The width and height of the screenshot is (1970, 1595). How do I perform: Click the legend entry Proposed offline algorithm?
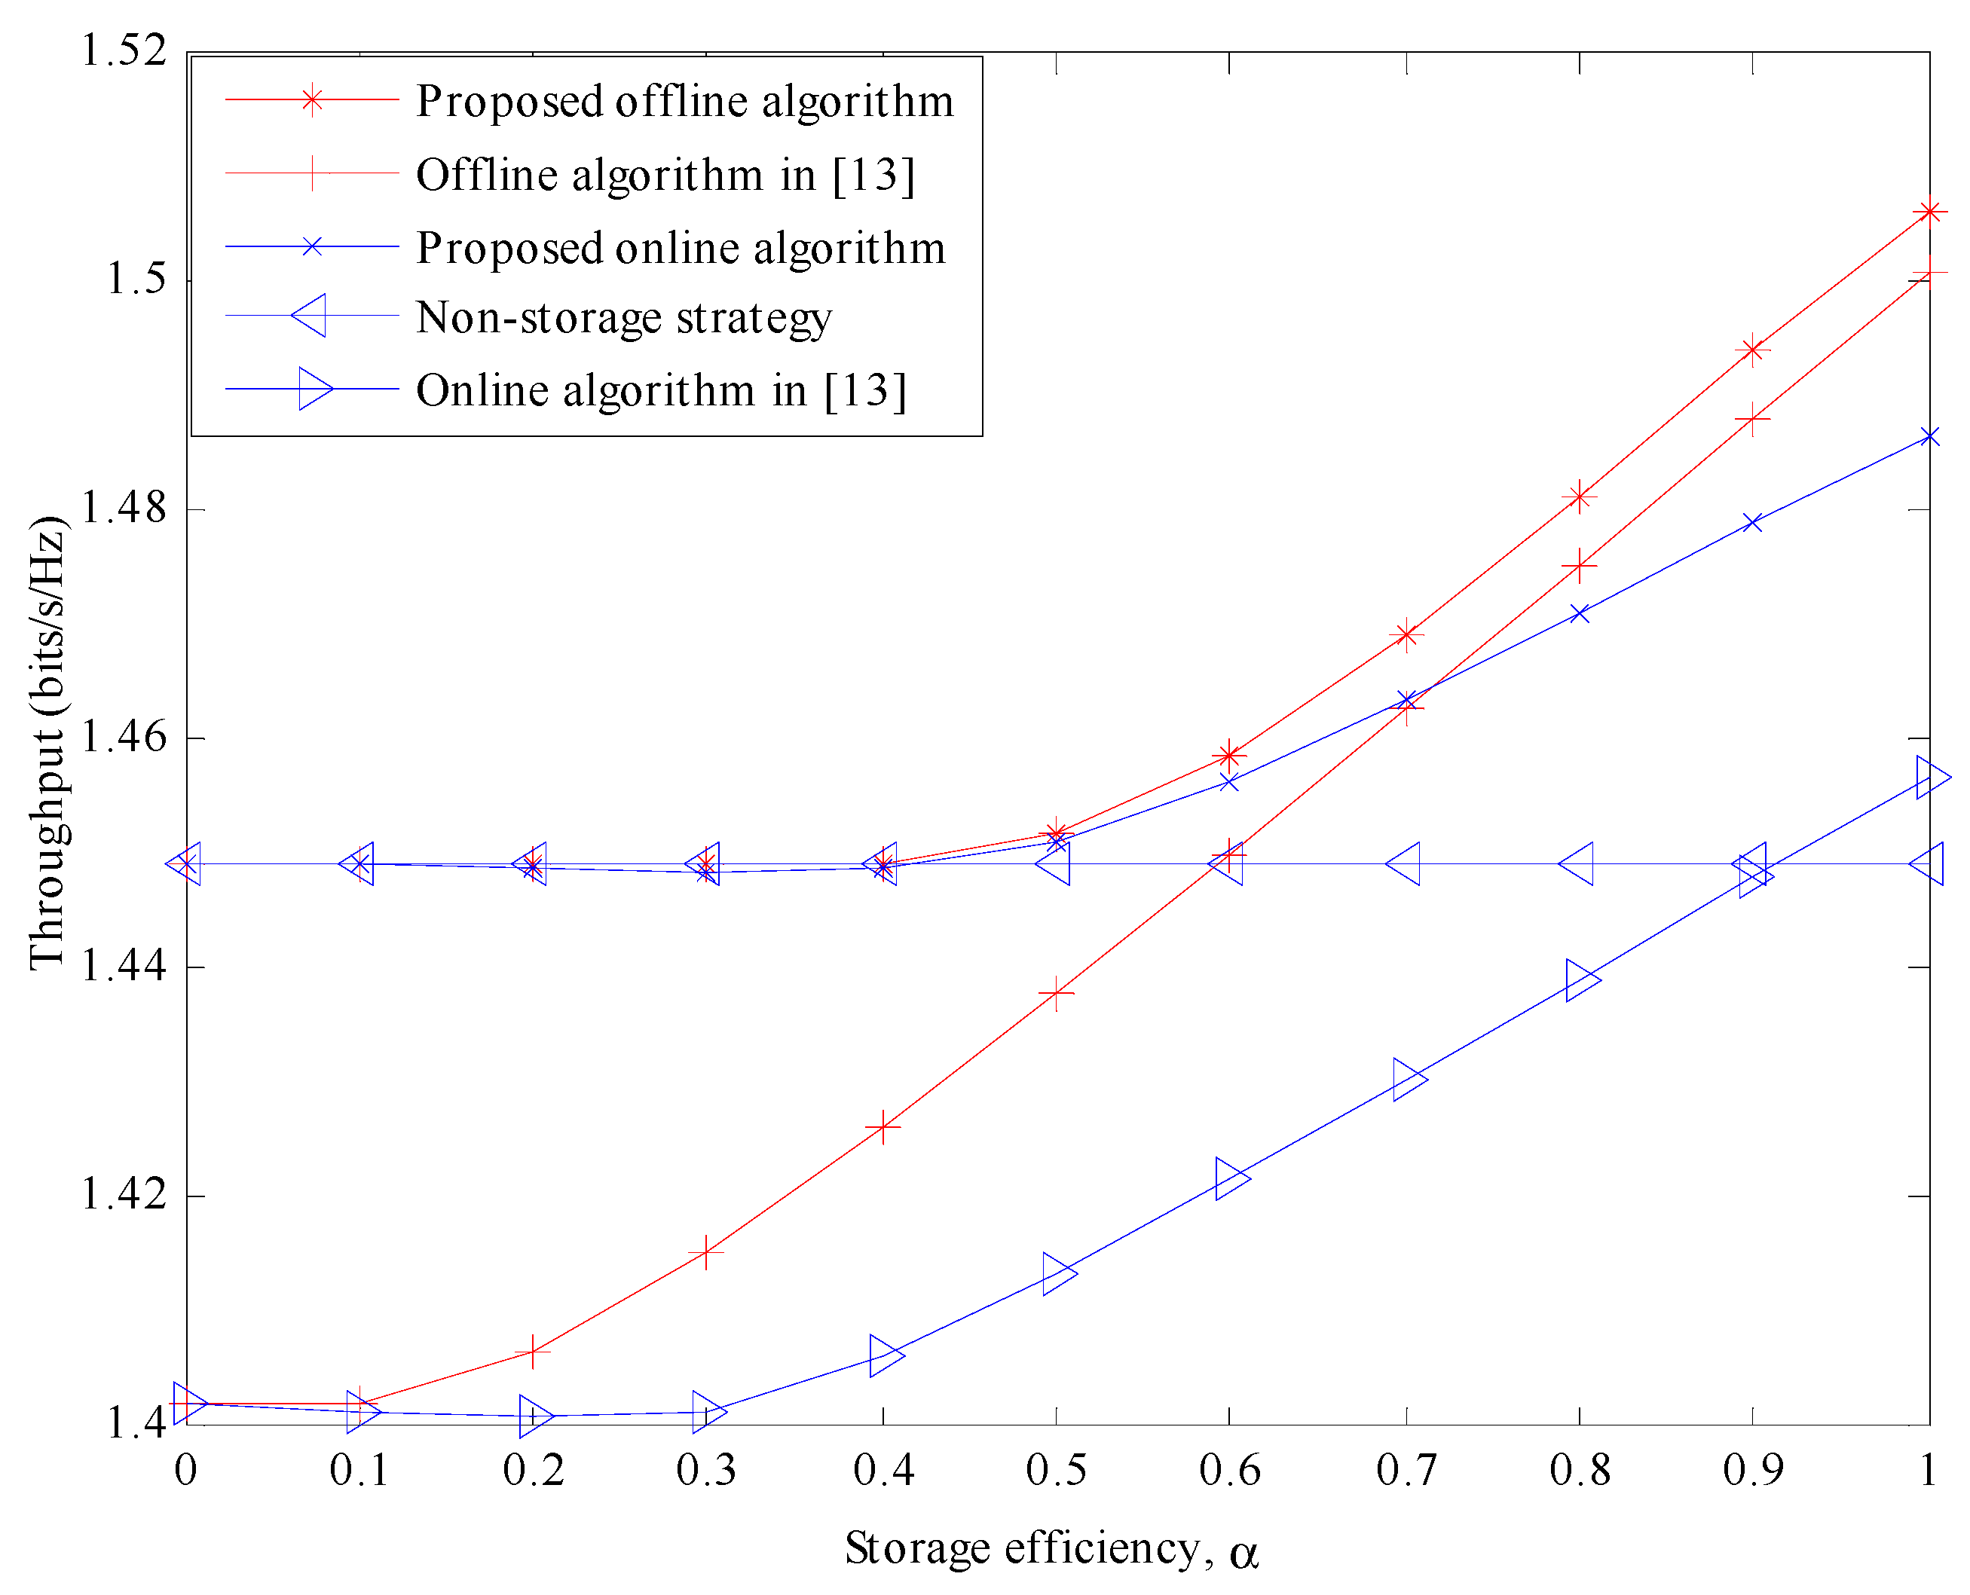[684, 100]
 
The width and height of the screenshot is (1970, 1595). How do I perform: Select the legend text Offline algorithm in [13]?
[665, 175]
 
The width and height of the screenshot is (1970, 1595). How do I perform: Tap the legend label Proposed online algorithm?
[681, 247]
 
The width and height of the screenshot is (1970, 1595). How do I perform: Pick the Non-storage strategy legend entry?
[624, 317]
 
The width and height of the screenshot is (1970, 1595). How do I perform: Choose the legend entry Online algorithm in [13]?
[661, 390]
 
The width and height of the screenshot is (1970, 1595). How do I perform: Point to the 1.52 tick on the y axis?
[125, 50]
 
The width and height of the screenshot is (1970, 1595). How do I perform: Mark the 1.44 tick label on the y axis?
[125, 967]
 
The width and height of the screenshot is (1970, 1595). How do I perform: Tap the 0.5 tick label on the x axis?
[1056, 1470]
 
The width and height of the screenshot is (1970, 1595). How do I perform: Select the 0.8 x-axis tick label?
[1580, 1470]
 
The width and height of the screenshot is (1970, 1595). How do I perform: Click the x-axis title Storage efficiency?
[1051, 1549]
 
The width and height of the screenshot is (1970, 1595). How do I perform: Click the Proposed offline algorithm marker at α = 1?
[1929, 212]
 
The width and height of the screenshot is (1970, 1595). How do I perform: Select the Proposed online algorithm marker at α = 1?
[1929, 437]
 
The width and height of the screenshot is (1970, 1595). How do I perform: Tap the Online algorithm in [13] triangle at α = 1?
[1931, 778]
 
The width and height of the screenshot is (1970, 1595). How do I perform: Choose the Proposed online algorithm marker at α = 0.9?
[1753, 523]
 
